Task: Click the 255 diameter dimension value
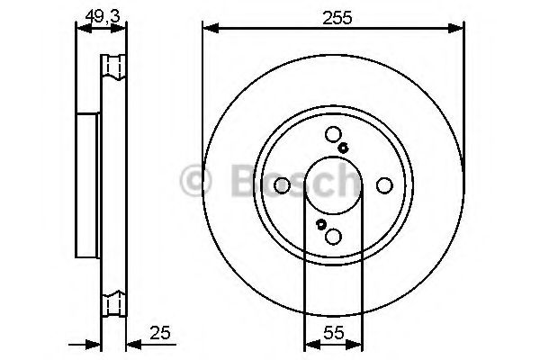pyautogui.click(x=337, y=18)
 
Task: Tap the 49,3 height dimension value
pyautogui.click(x=103, y=16)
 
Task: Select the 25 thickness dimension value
pyautogui.click(x=160, y=333)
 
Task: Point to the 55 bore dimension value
pyautogui.click(x=334, y=333)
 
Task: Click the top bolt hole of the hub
pyautogui.click(x=333, y=135)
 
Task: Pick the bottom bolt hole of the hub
pyautogui.click(x=333, y=237)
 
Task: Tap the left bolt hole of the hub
pyautogui.click(x=282, y=185)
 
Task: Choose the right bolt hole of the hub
pyautogui.click(x=384, y=185)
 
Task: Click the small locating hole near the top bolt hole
pyautogui.click(x=343, y=148)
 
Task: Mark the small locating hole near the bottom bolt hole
pyautogui.click(x=321, y=225)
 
